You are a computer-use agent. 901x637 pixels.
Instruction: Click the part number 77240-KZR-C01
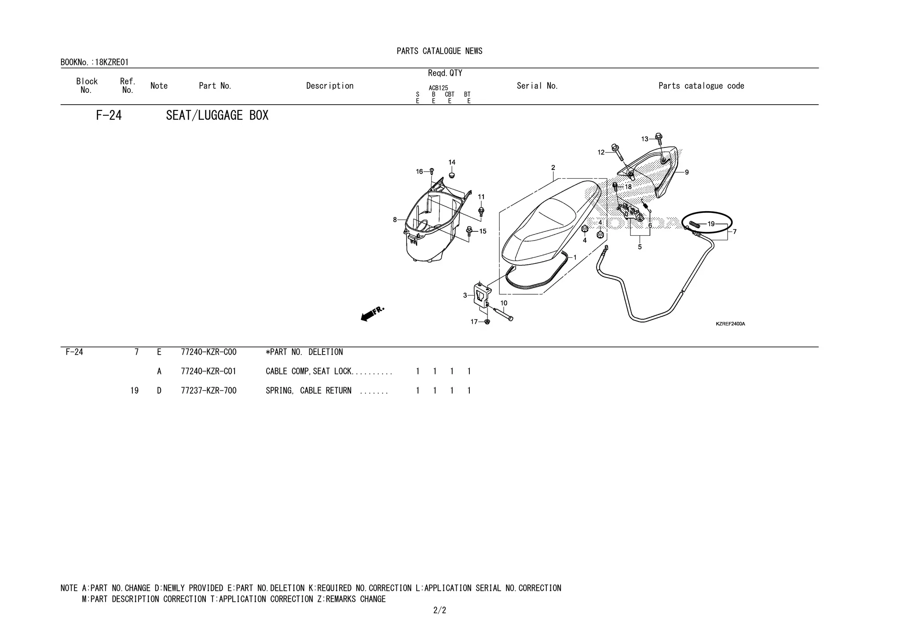pos(209,371)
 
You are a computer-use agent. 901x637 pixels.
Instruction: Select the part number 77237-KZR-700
pos(209,391)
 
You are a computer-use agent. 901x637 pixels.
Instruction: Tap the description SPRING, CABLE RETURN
pos(308,391)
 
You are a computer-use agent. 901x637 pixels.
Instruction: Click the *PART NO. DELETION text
pos(304,352)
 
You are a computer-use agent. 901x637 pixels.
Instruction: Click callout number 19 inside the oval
pos(711,224)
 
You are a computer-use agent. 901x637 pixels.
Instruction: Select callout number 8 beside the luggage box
pos(395,220)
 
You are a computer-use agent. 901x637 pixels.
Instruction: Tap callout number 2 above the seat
pos(553,168)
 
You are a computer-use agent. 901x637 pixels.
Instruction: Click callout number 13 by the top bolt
pos(645,139)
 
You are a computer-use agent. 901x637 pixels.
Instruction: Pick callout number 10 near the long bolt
pos(504,303)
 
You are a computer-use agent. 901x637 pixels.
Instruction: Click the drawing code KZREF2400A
pos(730,324)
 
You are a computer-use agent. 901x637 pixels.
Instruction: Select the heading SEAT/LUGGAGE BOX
pos(217,116)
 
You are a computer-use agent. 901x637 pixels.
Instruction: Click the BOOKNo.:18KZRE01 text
pos(95,62)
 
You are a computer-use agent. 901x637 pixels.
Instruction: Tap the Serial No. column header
pos(537,86)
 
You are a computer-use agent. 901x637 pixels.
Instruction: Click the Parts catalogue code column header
pos(701,86)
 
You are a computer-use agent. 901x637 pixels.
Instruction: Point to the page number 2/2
pos(440,610)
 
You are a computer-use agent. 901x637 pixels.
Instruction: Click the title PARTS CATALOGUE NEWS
pos(440,51)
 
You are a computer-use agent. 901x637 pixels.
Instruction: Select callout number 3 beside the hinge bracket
pos(465,296)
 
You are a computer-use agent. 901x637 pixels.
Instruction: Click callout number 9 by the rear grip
pos(687,172)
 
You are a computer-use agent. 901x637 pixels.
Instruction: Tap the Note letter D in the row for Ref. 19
pos(159,391)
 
